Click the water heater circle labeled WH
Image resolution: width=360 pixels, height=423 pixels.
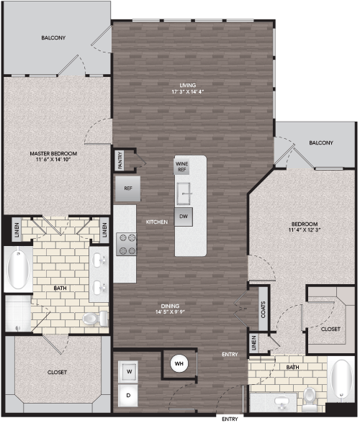179,363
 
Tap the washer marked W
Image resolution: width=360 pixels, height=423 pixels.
128,372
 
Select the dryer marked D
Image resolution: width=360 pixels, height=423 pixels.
128,395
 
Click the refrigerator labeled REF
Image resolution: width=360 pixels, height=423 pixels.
127,188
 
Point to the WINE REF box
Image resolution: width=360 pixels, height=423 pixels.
181,167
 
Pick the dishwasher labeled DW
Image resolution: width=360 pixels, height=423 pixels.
184,217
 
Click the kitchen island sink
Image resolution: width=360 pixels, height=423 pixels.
184,194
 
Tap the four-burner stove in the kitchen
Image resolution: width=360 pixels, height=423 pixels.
127,244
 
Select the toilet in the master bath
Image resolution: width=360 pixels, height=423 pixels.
95,319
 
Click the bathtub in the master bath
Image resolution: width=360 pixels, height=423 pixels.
18,269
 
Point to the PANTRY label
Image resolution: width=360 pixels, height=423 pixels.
120,160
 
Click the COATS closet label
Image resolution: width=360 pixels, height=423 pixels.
263,309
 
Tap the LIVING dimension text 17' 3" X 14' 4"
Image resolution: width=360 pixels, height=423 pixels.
188,92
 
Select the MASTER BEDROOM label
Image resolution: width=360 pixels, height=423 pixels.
53,153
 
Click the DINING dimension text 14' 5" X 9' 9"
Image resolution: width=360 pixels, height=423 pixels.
170,312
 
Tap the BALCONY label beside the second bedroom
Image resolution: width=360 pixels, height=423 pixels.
321,142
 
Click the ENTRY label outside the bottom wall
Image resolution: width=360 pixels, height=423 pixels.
230,419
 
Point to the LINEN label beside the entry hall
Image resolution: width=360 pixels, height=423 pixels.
253,343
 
